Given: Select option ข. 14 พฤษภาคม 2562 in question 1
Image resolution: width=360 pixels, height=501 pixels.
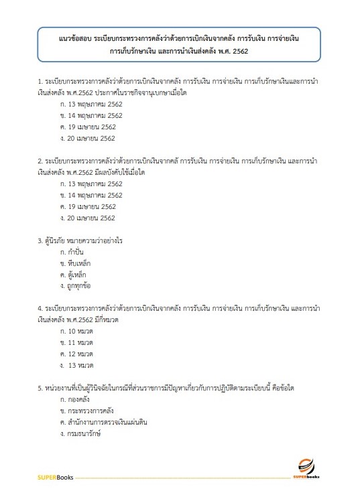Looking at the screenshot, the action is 91,115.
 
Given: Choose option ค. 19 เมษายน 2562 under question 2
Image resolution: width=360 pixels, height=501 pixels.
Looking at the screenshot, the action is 88,206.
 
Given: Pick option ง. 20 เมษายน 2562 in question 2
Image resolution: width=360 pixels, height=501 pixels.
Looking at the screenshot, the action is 88,218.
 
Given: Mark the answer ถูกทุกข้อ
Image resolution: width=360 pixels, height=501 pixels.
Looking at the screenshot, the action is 74,286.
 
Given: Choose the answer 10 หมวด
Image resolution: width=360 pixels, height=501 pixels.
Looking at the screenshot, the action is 76,332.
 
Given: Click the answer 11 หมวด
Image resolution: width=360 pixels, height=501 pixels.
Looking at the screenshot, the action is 76,343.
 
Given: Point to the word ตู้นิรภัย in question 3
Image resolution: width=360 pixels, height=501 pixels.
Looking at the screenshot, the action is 58,240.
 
